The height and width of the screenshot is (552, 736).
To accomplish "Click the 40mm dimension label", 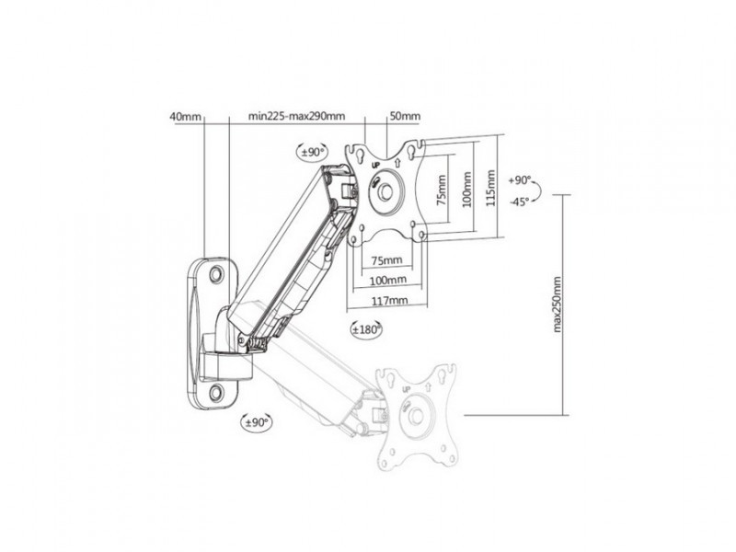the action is click(x=185, y=117).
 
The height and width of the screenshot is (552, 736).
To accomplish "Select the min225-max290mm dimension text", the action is click(x=296, y=117).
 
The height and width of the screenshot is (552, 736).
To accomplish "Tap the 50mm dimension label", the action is click(x=406, y=117).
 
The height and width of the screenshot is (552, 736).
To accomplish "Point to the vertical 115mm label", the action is click(x=490, y=188).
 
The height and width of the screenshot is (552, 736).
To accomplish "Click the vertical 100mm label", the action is click(x=467, y=190).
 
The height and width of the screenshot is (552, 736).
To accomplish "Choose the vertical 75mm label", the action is click(x=442, y=190).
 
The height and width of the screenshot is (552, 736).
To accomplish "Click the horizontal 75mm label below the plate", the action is click(x=386, y=260).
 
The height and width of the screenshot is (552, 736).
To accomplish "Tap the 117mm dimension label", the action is click(x=389, y=301).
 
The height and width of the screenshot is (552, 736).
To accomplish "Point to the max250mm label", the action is click(x=558, y=305).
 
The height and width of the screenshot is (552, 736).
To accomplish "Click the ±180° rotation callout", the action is click(x=366, y=329).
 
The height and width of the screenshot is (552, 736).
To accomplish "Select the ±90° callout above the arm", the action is click(x=313, y=152).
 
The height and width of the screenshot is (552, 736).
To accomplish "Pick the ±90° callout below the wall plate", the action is click(x=257, y=422).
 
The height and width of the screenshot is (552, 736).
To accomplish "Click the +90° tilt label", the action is click(x=520, y=180).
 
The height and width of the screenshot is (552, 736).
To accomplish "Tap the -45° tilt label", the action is click(x=520, y=201).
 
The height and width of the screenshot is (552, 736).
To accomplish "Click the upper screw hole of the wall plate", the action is click(x=217, y=273).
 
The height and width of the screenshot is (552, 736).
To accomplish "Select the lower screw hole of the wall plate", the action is click(x=216, y=392).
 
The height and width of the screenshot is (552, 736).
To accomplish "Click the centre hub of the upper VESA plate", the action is click(x=386, y=190).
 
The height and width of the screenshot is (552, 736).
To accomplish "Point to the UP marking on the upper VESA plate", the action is click(x=375, y=166).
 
